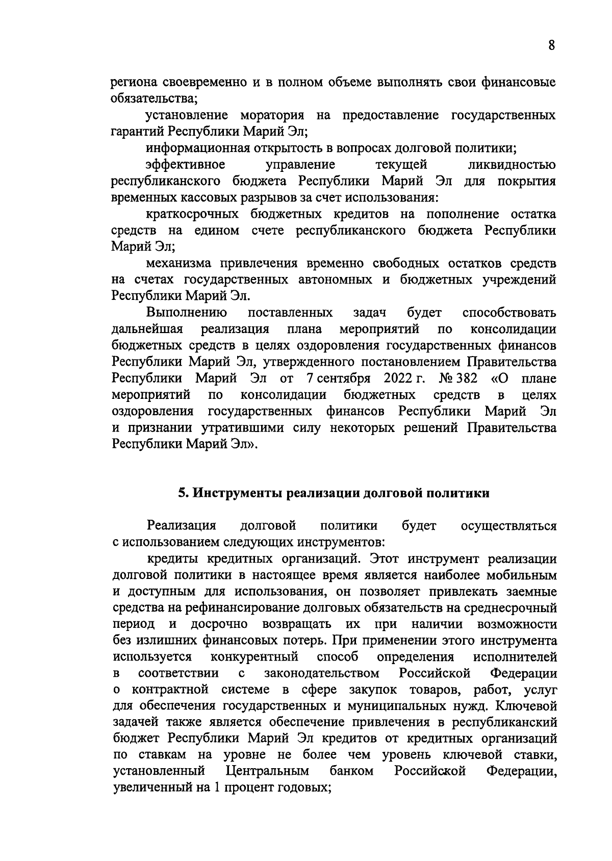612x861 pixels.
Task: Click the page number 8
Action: (x=551, y=45)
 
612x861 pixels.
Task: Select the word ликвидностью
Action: (x=512, y=165)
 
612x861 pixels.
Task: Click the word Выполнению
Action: (x=187, y=312)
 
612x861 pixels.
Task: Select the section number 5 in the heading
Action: (x=181, y=493)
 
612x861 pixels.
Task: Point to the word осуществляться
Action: (x=508, y=525)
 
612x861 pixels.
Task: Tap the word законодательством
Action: (x=322, y=673)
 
